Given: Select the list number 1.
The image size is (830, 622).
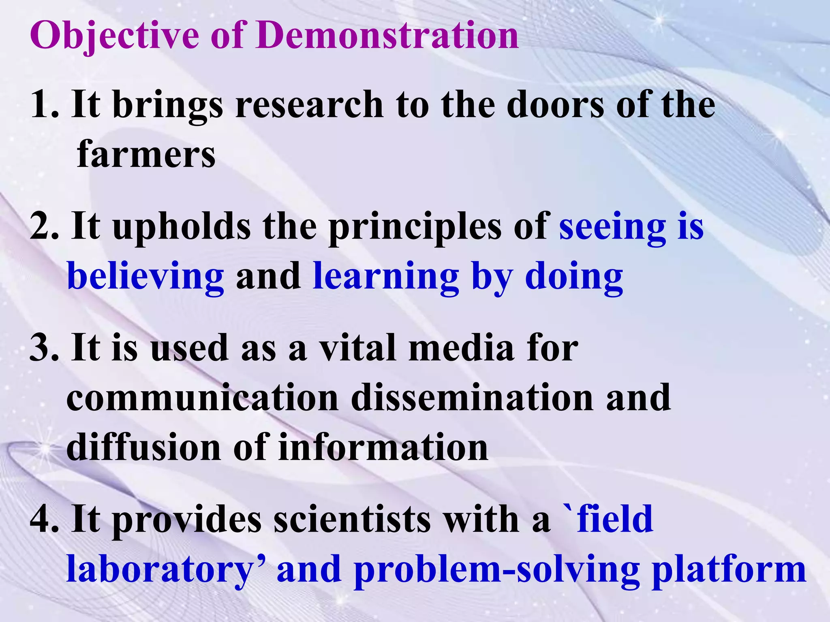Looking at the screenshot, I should [x=43, y=105].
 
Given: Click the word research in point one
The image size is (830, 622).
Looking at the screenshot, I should [x=309, y=105].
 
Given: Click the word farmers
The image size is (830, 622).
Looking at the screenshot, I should [x=146, y=154].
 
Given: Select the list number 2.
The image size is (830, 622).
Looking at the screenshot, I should [x=43, y=227].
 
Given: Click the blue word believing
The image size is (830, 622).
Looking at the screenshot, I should [x=145, y=278].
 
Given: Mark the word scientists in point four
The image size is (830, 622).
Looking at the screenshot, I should [x=352, y=520].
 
